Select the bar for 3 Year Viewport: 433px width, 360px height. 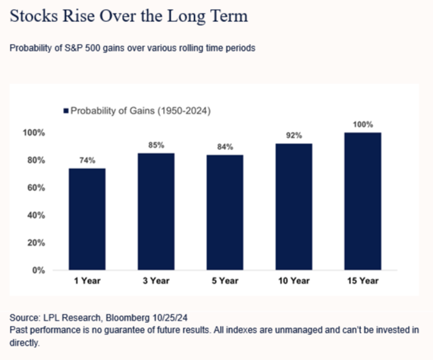(x=156, y=211)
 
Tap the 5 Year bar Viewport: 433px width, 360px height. (x=225, y=212)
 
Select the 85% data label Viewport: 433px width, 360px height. (x=156, y=145)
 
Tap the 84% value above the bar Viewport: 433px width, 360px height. (x=225, y=146)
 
